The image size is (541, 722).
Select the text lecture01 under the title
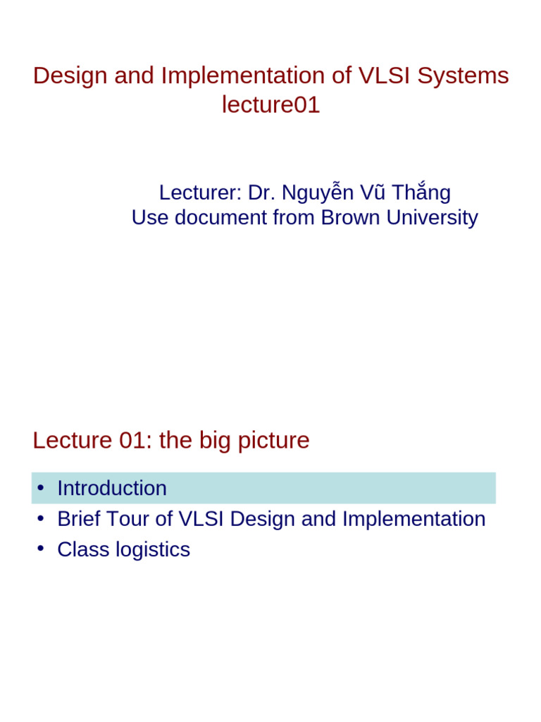[271, 105]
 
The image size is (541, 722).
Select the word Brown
[350, 218]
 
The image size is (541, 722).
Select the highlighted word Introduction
[112, 488]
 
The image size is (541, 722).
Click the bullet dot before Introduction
[42, 488]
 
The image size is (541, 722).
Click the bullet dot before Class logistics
[42, 549]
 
